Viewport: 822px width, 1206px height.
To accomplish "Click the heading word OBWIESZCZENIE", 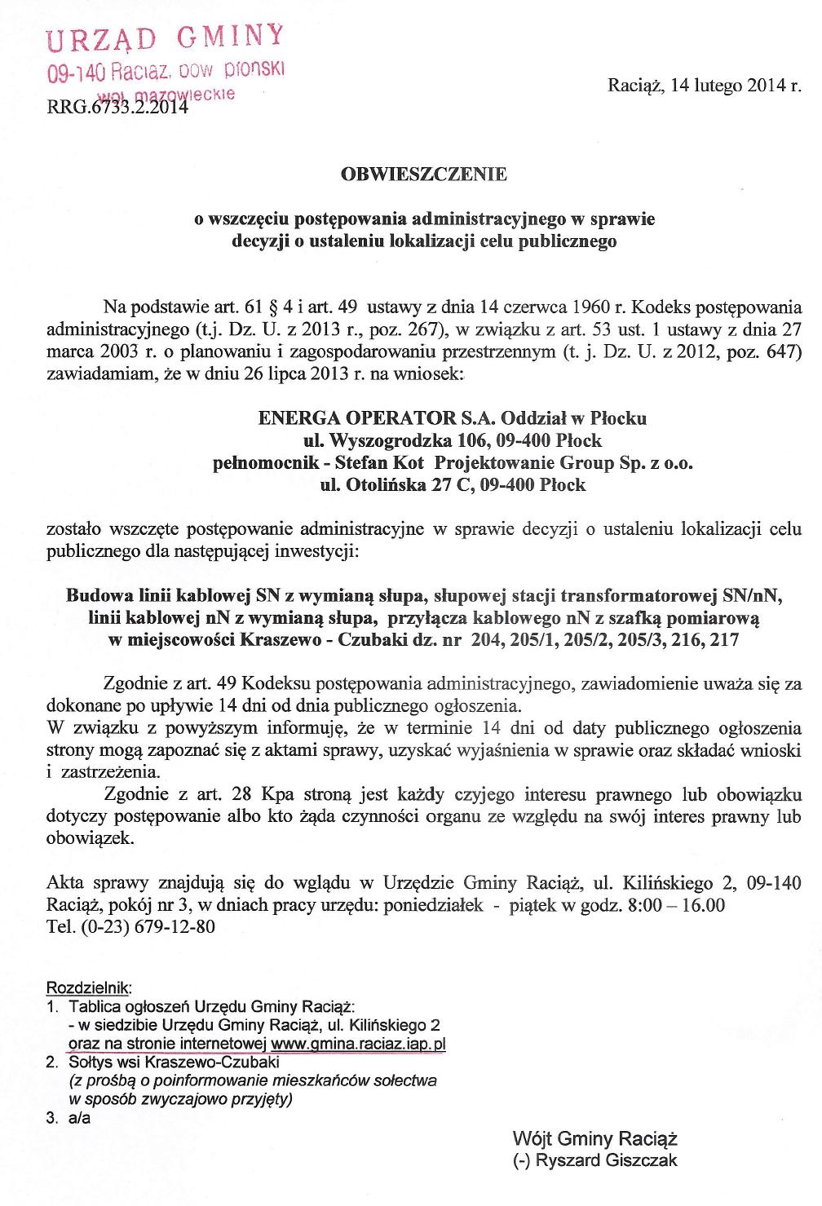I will pos(422,174).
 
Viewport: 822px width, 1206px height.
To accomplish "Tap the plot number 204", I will pos(484,640).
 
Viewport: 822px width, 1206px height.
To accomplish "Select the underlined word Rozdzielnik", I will pos(90,987).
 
